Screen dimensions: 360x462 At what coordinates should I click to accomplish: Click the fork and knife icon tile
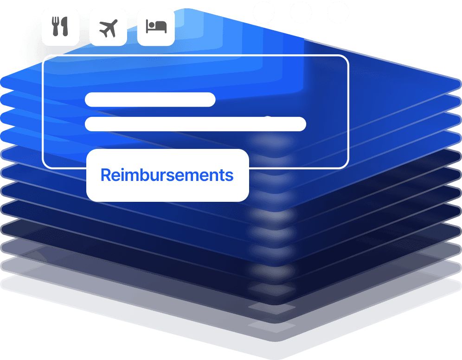point(60,27)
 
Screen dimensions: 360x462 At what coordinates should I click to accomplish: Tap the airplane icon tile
point(108,27)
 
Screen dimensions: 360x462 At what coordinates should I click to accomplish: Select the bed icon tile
point(156,27)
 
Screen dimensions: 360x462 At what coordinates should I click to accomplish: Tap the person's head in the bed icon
point(152,25)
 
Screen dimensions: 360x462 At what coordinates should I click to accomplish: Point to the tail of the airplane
point(103,34)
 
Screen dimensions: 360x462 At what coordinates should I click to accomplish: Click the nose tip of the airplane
point(115,21)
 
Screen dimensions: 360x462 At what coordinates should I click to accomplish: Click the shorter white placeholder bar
point(150,99)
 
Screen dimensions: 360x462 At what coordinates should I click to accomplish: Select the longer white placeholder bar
point(195,124)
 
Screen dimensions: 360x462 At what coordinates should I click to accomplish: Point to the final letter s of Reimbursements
point(229,177)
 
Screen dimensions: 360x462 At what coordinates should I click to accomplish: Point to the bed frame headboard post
point(147,27)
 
